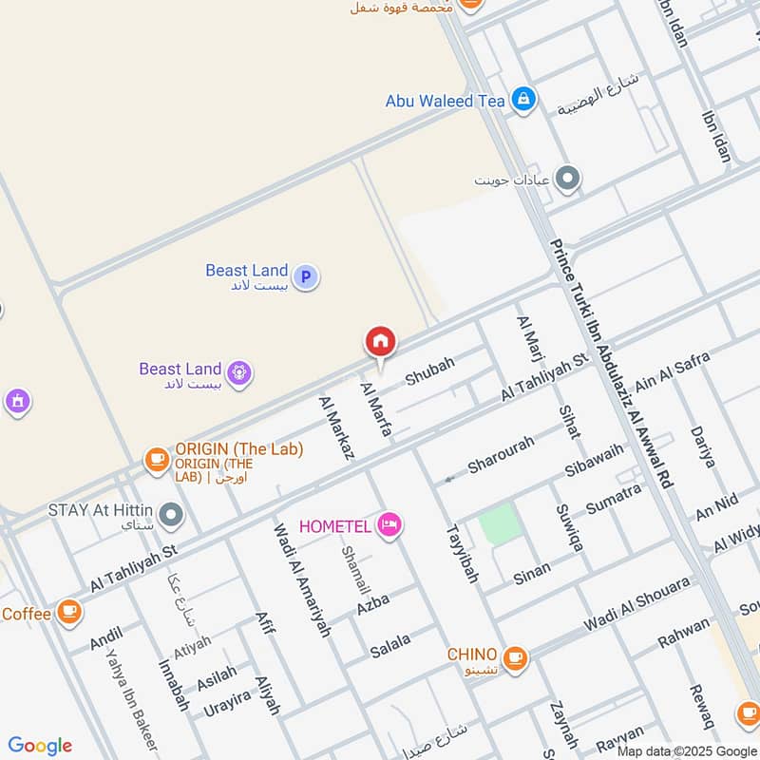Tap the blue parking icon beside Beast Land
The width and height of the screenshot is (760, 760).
pyautogui.click(x=305, y=277)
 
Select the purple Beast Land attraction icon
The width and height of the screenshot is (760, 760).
pyautogui.click(x=238, y=375)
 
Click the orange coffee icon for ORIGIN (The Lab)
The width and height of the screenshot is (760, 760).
pyautogui.click(x=156, y=460)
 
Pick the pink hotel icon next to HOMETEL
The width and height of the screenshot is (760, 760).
pyautogui.click(x=389, y=524)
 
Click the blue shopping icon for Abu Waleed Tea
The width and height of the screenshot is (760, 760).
pyautogui.click(x=522, y=99)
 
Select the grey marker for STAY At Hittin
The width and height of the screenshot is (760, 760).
pyautogui.click(x=171, y=515)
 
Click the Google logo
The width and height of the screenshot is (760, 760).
pyautogui.click(x=40, y=746)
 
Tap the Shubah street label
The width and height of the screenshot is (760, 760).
pyautogui.click(x=430, y=371)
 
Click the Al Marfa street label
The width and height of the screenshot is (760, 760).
pyautogui.click(x=376, y=409)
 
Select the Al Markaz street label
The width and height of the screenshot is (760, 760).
pyautogui.click(x=337, y=428)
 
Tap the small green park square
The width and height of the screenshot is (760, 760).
pyautogui.click(x=500, y=523)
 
